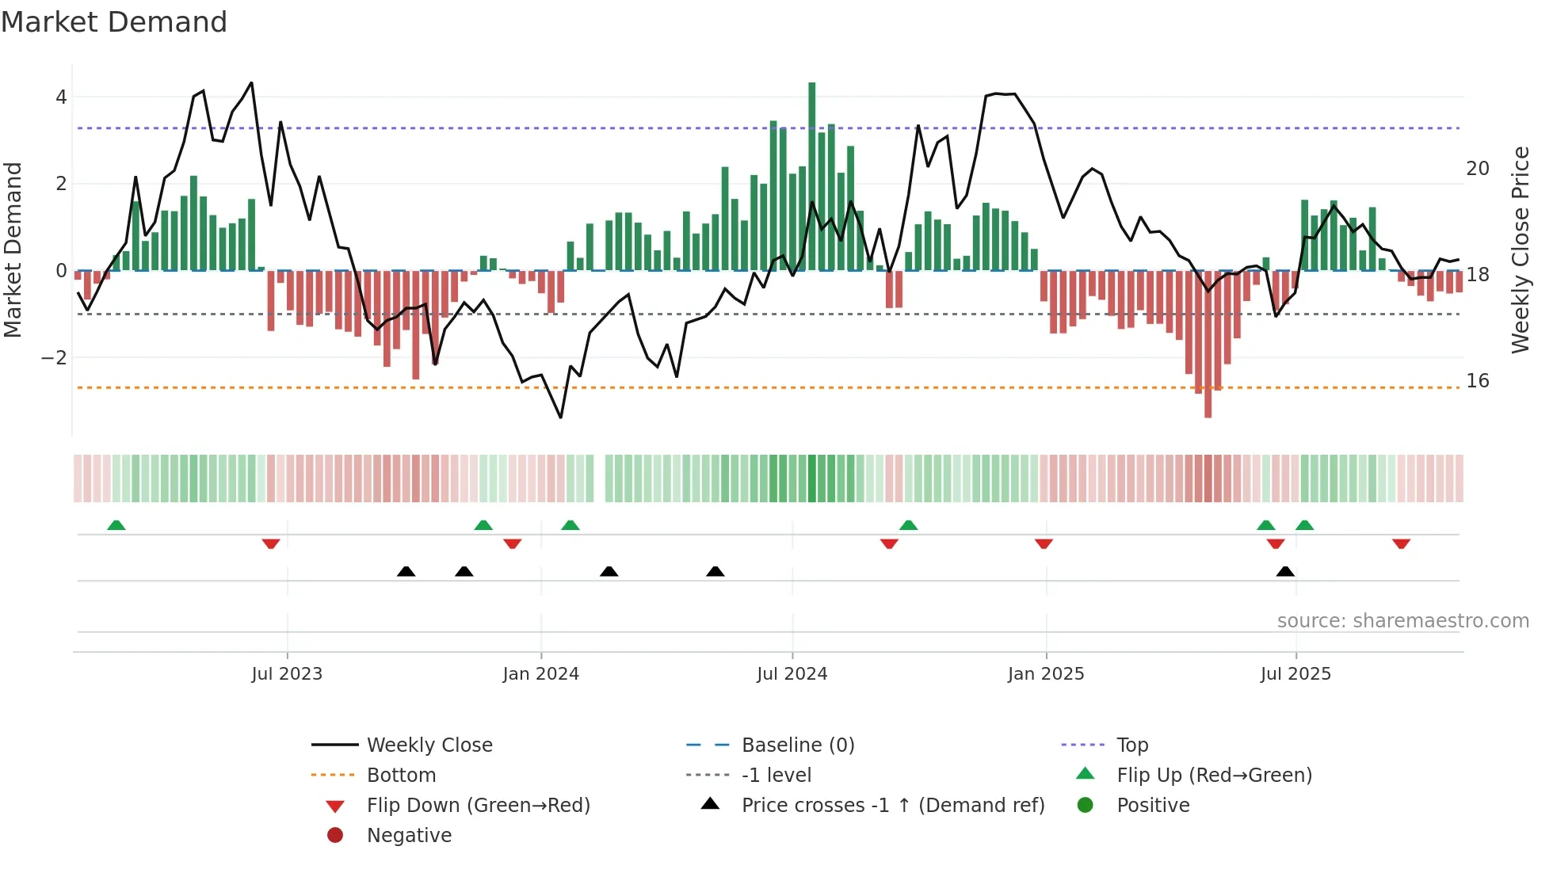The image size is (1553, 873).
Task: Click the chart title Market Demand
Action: tap(114, 22)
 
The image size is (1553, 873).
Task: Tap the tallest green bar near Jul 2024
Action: tap(811, 176)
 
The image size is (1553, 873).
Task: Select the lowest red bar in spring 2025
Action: tap(1208, 344)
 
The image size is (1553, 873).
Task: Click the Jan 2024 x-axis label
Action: tap(541, 674)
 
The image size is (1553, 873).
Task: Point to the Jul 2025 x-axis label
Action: tap(1295, 674)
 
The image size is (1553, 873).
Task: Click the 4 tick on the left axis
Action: tap(61, 97)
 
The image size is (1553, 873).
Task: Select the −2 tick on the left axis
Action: tap(55, 357)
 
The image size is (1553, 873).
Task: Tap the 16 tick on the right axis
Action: tap(1477, 381)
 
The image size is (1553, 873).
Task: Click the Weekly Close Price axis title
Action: tap(1520, 250)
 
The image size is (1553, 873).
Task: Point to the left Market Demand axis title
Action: tap(13, 250)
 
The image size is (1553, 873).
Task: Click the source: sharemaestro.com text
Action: tap(1402, 621)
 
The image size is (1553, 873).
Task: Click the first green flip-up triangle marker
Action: tap(116, 525)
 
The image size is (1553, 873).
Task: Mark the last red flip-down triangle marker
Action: tap(1401, 543)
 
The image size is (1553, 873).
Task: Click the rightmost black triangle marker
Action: tap(1285, 571)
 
